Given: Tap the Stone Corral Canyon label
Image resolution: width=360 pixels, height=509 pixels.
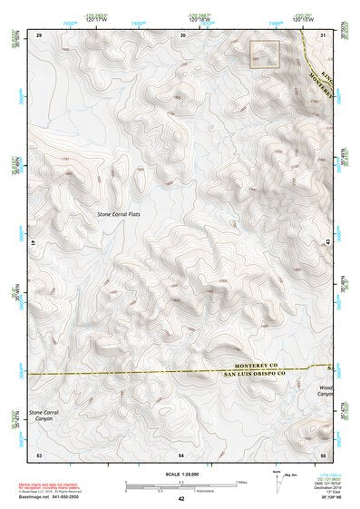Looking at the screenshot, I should click(45, 416).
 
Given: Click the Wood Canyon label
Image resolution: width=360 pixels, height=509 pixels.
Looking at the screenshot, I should click(326, 391).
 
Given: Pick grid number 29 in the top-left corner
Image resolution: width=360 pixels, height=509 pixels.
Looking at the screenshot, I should click(39, 34).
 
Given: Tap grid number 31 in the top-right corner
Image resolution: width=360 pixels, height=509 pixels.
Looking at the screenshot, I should click(324, 34).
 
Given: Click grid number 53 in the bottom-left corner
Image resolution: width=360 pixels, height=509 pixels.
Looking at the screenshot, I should click(39, 453).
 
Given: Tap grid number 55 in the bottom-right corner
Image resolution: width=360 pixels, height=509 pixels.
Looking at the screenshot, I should click(324, 453).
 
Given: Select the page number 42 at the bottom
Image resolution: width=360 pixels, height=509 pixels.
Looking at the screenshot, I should click(181, 499).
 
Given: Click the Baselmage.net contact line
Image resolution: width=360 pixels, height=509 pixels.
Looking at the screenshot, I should click(59, 495).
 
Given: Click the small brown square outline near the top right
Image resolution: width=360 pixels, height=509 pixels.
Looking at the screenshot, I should click(264, 54).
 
